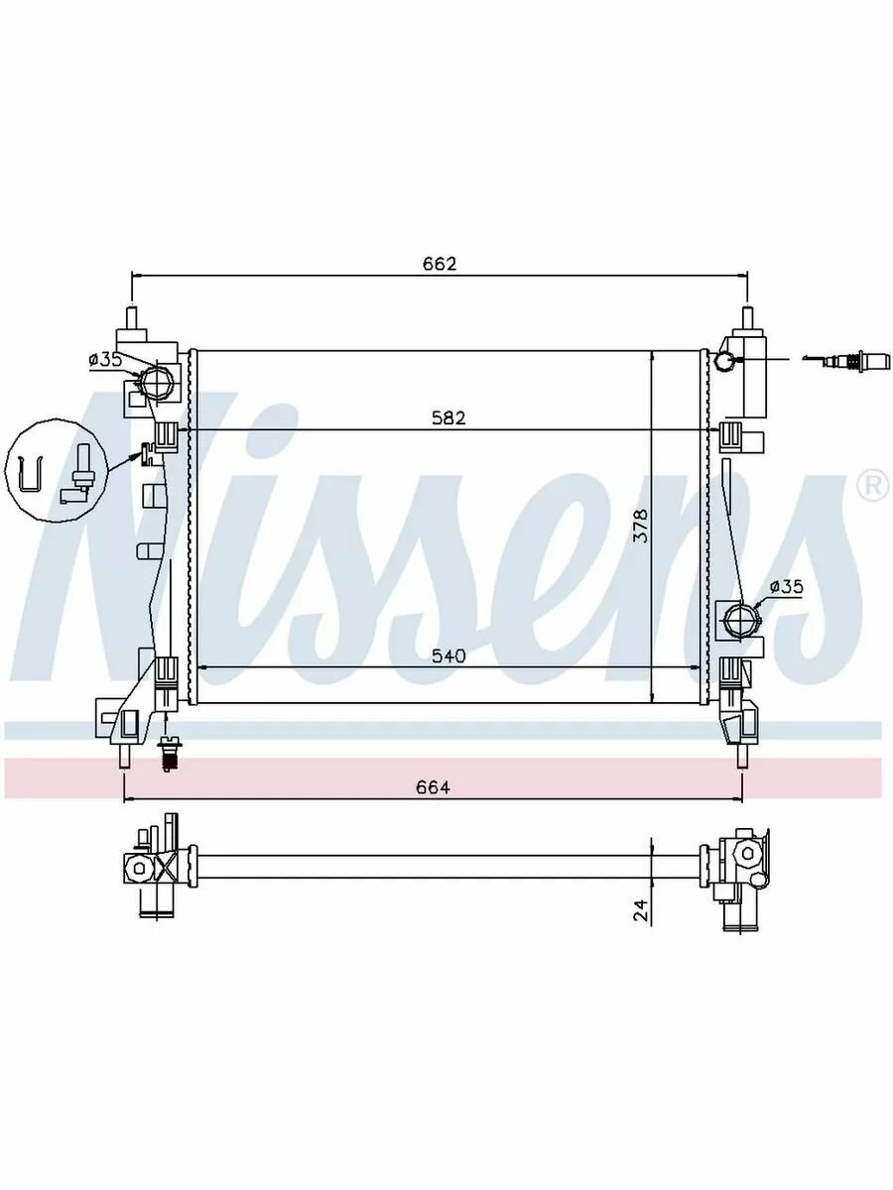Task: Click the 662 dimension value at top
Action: pos(440,264)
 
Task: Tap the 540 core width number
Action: pos(448,656)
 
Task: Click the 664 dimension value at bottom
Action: pos(434,786)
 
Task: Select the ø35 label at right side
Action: pos(787,586)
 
